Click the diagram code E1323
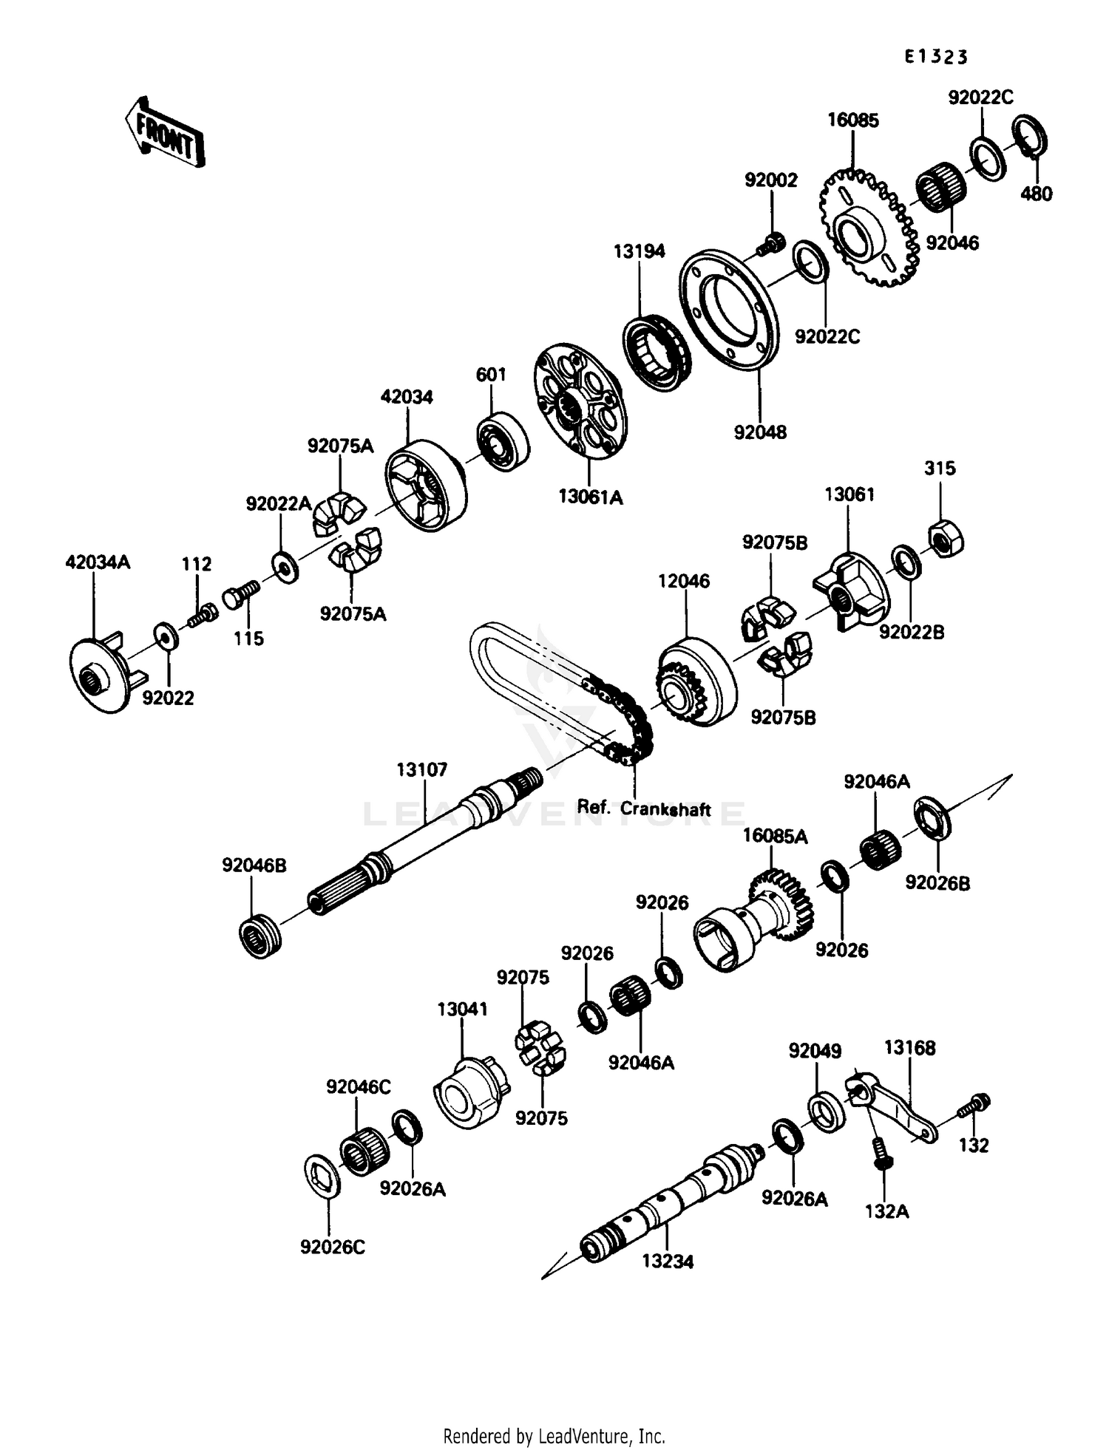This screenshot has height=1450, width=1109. [x=936, y=57]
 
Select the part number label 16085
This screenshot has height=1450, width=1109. [x=852, y=120]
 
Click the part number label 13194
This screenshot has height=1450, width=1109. [x=639, y=251]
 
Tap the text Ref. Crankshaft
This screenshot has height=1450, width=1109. [x=643, y=808]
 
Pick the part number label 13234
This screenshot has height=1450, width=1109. [x=667, y=1262]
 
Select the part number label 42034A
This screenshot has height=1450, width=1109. [x=98, y=562]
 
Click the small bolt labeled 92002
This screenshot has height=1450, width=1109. [x=773, y=241]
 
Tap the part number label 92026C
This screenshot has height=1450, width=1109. [x=333, y=1247]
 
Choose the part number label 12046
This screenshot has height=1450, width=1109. [x=684, y=582]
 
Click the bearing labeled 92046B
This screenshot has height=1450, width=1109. [x=260, y=937]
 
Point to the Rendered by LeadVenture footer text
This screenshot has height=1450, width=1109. [x=554, y=1436]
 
